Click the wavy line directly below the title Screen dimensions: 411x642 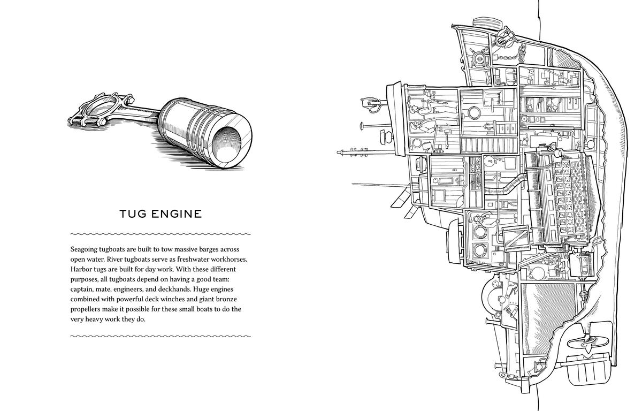click(x=160, y=234)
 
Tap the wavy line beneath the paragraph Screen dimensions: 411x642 click(x=160, y=336)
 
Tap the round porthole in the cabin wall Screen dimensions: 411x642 click(x=473, y=112)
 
